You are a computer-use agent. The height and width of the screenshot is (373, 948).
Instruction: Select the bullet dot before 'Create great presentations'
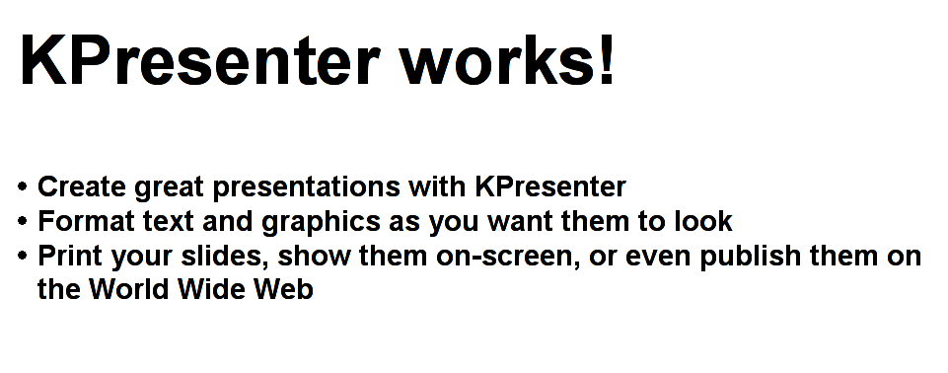[x=23, y=186]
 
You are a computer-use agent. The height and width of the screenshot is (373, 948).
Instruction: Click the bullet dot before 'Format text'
[x=23, y=220]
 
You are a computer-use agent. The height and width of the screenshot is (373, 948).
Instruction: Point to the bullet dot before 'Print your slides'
[x=23, y=256]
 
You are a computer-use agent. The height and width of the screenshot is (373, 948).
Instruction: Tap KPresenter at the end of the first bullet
[x=550, y=186]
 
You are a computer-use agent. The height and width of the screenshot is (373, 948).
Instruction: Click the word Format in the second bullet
[x=87, y=221]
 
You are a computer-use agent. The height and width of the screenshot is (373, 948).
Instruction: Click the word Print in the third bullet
[x=71, y=257]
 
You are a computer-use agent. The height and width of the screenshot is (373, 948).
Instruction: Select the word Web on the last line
[x=287, y=291]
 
